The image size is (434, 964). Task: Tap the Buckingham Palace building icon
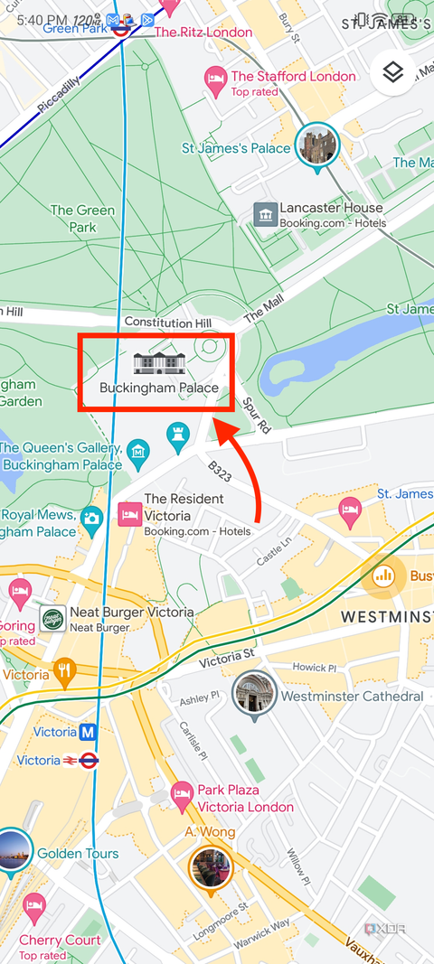[159, 363]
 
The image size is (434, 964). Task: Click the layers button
[392, 73]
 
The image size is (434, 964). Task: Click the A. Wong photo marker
[210, 866]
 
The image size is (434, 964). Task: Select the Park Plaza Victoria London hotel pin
[182, 796]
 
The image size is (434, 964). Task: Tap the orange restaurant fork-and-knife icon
[63, 671]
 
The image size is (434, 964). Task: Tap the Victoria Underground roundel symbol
[88, 761]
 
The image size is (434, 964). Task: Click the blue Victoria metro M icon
[89, 732]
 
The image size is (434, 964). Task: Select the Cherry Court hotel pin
[34, 906]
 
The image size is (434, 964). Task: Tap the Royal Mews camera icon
[91, 518]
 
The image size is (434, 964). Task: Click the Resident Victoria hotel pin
[129, 513]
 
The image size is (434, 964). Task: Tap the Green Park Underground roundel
[120, 28]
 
